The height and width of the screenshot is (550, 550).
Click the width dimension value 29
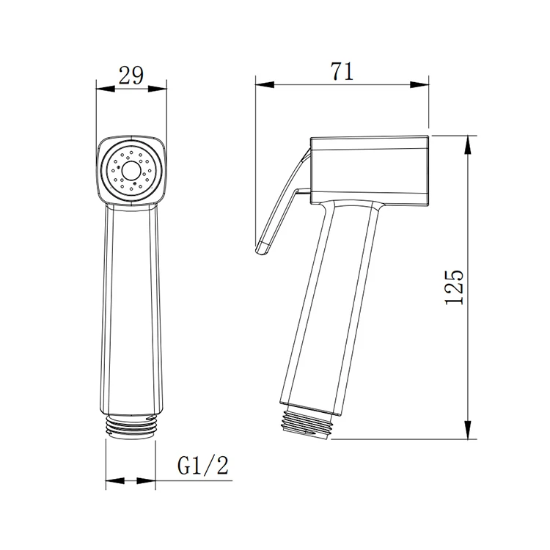coord(132,76)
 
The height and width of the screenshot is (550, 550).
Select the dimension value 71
coord(342,72)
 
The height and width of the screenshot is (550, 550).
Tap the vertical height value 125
coord(454,287)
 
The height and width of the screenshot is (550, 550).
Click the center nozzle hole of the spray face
coord(132,172)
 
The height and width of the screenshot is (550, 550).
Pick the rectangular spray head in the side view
coord(367,169)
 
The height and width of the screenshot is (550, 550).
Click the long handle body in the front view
coord(132,308)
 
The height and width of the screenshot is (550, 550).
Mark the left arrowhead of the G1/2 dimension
coord(113,482)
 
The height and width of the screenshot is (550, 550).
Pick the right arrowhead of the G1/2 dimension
coord(150,482)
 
